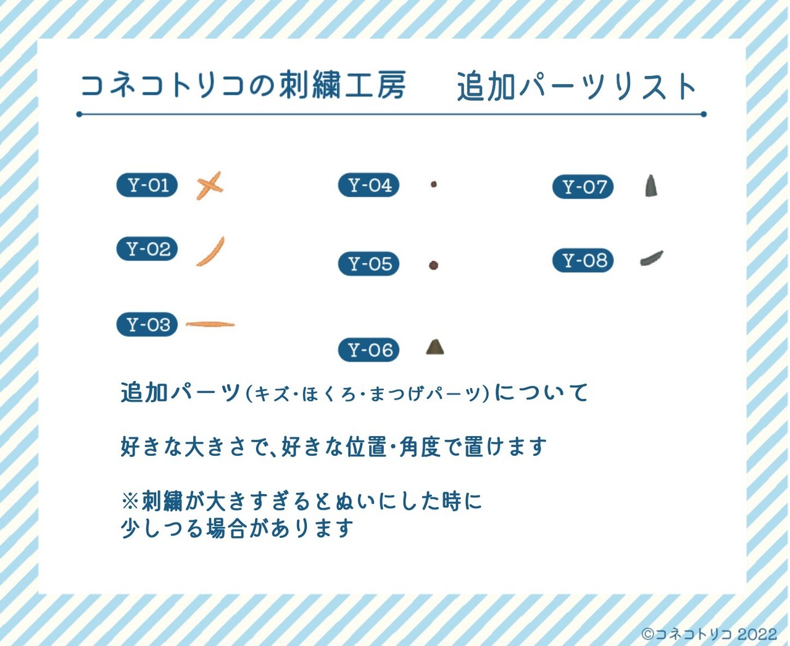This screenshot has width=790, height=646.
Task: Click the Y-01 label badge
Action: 147,185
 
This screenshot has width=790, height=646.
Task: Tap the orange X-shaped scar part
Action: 209,185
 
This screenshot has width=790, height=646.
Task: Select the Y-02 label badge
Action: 147,249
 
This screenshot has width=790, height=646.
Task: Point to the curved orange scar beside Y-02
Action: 210,252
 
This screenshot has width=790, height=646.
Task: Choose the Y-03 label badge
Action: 147,324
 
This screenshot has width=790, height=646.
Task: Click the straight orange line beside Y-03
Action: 210,324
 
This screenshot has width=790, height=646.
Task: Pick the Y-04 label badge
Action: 368,185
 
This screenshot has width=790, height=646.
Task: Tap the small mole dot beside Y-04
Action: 434,184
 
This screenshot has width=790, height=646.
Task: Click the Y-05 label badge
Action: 368,264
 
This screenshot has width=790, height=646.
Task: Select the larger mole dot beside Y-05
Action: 433,265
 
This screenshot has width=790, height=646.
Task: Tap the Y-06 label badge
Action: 368,350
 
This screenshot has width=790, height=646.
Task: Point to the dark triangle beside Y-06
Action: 435,348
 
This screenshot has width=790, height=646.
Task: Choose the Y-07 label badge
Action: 583,187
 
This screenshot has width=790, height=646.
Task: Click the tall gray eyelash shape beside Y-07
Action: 651,186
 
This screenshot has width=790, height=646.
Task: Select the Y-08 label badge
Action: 583,261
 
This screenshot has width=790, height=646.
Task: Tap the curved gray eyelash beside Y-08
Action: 652,259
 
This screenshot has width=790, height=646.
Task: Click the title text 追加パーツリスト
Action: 576,86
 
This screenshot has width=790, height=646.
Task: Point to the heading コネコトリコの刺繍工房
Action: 243,85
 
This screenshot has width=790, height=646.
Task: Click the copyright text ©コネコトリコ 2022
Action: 709,634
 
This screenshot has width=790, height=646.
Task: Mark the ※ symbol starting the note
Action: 130,501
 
